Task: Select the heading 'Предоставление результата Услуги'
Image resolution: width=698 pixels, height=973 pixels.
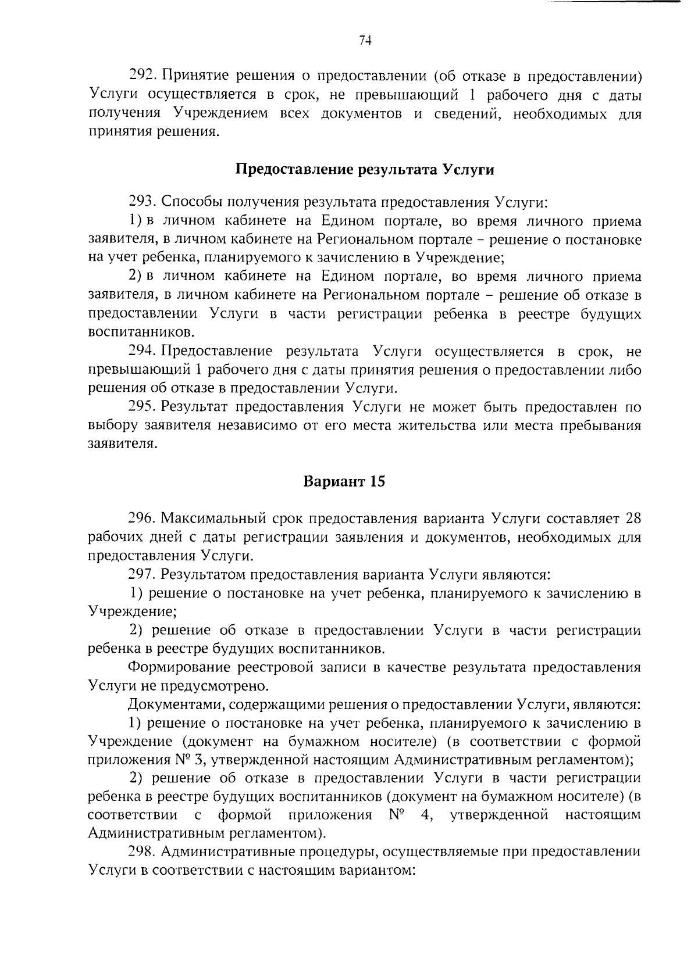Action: click(365, 170)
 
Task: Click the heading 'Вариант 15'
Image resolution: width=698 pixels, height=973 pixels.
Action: click(344, 481)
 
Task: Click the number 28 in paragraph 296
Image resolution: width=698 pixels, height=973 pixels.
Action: click(632, 517)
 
